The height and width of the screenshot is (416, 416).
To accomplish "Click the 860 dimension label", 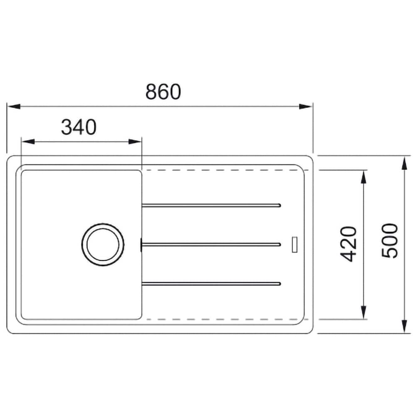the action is (163, 92).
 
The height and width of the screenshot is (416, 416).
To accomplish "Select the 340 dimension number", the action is (79, 127).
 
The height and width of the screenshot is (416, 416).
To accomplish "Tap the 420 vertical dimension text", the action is (348, 244).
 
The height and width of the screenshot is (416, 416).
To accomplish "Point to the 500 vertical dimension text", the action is (390, 240).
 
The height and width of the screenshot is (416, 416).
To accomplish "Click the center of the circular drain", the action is (103, 244).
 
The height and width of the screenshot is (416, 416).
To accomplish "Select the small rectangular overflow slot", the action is (295, 244).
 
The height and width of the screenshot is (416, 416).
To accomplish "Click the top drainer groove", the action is (211, 205).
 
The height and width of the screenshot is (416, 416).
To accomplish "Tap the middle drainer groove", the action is (211, 244).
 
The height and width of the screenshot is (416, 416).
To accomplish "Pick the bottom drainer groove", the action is (211, 284).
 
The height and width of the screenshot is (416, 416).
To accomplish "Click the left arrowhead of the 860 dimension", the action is (14, 106).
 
